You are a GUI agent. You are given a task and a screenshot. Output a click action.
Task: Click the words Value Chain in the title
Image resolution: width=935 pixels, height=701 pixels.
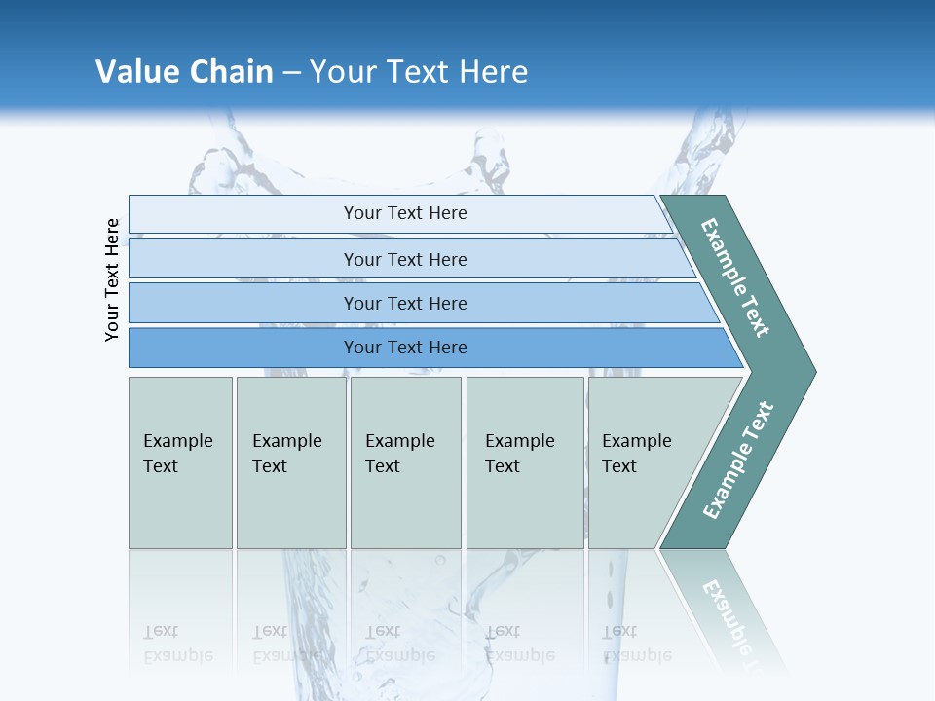point(184,72)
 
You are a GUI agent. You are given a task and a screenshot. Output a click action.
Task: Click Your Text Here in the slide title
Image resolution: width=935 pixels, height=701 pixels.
point(419,72)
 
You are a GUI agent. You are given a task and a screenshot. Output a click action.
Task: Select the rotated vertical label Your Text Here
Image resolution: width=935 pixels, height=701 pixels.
point(113,279)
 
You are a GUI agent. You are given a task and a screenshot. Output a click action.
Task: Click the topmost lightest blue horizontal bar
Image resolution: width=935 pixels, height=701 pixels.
point(405,213)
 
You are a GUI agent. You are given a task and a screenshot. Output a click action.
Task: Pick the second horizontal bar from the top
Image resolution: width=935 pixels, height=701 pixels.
point(405,259)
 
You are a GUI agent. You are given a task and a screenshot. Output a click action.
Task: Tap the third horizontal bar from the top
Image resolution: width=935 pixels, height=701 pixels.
point(405,303)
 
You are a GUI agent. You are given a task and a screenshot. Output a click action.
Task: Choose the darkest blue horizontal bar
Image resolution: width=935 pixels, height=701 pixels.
point(405,348)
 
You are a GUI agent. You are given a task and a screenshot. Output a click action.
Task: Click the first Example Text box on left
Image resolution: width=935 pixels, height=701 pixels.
point(180,462)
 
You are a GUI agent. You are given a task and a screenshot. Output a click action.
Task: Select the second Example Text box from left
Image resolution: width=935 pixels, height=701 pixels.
point(290,462)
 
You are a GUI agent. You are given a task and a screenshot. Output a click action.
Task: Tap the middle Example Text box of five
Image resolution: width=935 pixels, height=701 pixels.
point(405,462)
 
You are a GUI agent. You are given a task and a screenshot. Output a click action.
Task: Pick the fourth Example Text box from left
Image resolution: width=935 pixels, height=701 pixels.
point(524,462)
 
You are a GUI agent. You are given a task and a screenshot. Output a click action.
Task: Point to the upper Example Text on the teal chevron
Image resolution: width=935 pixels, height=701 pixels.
point(735,278)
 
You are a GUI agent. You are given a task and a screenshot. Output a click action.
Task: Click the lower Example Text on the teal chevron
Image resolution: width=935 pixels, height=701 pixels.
point(738,460)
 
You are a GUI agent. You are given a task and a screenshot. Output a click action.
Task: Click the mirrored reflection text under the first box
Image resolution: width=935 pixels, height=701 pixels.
point(177,644)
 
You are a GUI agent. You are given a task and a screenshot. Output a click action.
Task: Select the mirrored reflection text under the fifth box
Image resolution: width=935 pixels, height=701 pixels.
point(636,644)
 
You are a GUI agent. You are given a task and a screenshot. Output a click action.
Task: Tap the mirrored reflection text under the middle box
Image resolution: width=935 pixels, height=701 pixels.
point(399,644)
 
